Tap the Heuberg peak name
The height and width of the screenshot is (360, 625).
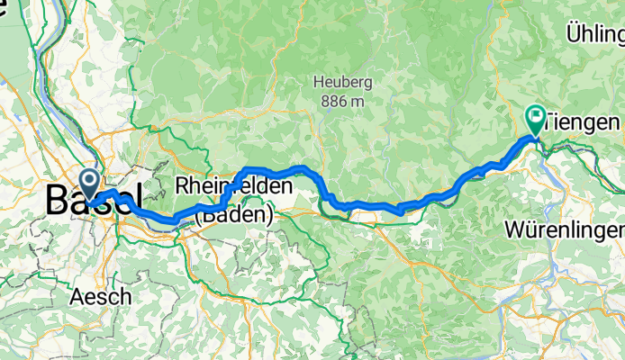pyautogui.click(x=342, y=83)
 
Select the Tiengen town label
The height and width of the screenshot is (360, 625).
pyautogui.click(x=584, y=121)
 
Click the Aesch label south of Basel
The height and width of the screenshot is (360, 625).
pyautogui.click(x=102, y=295)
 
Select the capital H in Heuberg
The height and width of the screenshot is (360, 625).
pyautogui.click(x=319, y=83)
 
